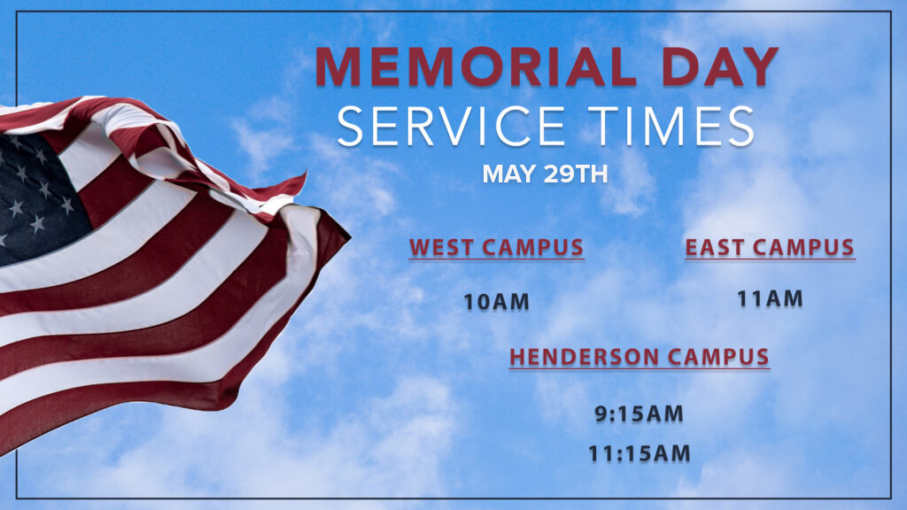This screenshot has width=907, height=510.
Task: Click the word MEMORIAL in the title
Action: click(x=476, y=66)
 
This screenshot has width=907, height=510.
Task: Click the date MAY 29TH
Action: click(x=545, y=174)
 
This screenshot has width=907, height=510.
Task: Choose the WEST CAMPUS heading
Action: click(x=496, y=248)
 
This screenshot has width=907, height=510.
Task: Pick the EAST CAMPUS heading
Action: click(x=770, y=248)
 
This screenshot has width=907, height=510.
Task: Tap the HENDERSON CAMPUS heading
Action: click(x=640, y=357)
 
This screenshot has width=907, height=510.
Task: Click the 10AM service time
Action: click(x=496, y=302)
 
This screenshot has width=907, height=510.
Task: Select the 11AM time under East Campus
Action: click(x=770, y=299)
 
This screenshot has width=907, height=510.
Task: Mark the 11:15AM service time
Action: click(x=640, y=453)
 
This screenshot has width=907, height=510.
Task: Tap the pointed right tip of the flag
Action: click(x=350, y=236)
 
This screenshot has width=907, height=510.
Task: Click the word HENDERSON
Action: click(x=583, y=357)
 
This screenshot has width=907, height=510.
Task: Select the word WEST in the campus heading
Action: click(x=442, y=248)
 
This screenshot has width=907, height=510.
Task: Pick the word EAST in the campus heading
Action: click(x=715, y=248)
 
